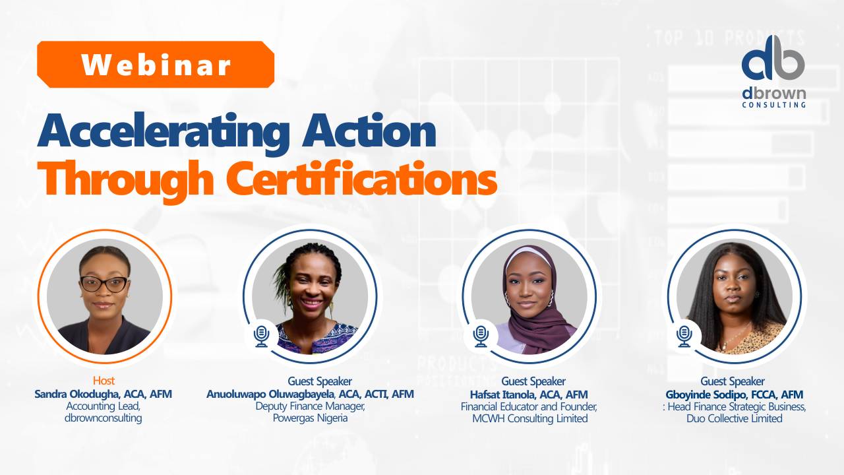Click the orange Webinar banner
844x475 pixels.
click(x=156, y=65)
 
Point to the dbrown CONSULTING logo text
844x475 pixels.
click(x=773, y=97)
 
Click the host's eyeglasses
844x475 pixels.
click(x=104, y=284)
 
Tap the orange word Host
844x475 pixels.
click(x=104, y=381)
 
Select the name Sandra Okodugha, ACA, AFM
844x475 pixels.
click(x=104, y=394)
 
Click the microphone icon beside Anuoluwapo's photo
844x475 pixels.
click(x=262, y=335)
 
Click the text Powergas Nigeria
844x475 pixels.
click(x=310, y=418)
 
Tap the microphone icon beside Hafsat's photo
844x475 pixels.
click(x=481, y=335)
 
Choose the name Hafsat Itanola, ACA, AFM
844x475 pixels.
click(x=524, y=394)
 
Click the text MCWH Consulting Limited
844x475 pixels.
click(x=524, y=418)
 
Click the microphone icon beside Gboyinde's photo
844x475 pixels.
click(x=684, y=335)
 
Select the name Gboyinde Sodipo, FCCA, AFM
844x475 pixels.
click(x=734, y=394)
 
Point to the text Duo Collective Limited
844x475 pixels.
click(x=734, y=418)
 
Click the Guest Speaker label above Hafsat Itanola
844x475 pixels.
click(x=533, y=381)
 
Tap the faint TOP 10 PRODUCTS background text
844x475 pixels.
click(x=729, y=38)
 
